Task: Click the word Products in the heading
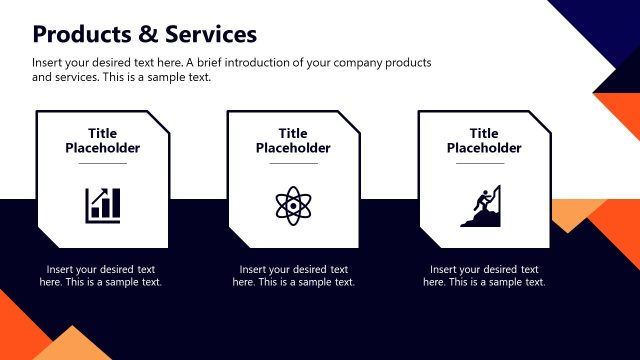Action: [79, 35]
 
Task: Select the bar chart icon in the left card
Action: [102, 204]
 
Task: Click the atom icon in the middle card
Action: [293, 204]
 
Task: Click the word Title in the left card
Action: [102, 134]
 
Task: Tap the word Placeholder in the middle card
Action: [293, 149]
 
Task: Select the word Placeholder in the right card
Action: [484, 149]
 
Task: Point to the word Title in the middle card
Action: [293, 134]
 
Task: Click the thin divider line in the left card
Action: [102, 163]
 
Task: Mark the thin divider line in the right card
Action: [484, 163]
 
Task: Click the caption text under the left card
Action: [101, 276]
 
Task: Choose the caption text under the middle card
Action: [293, 276]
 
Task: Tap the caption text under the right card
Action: [484, 276]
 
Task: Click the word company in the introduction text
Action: [319, 63]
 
